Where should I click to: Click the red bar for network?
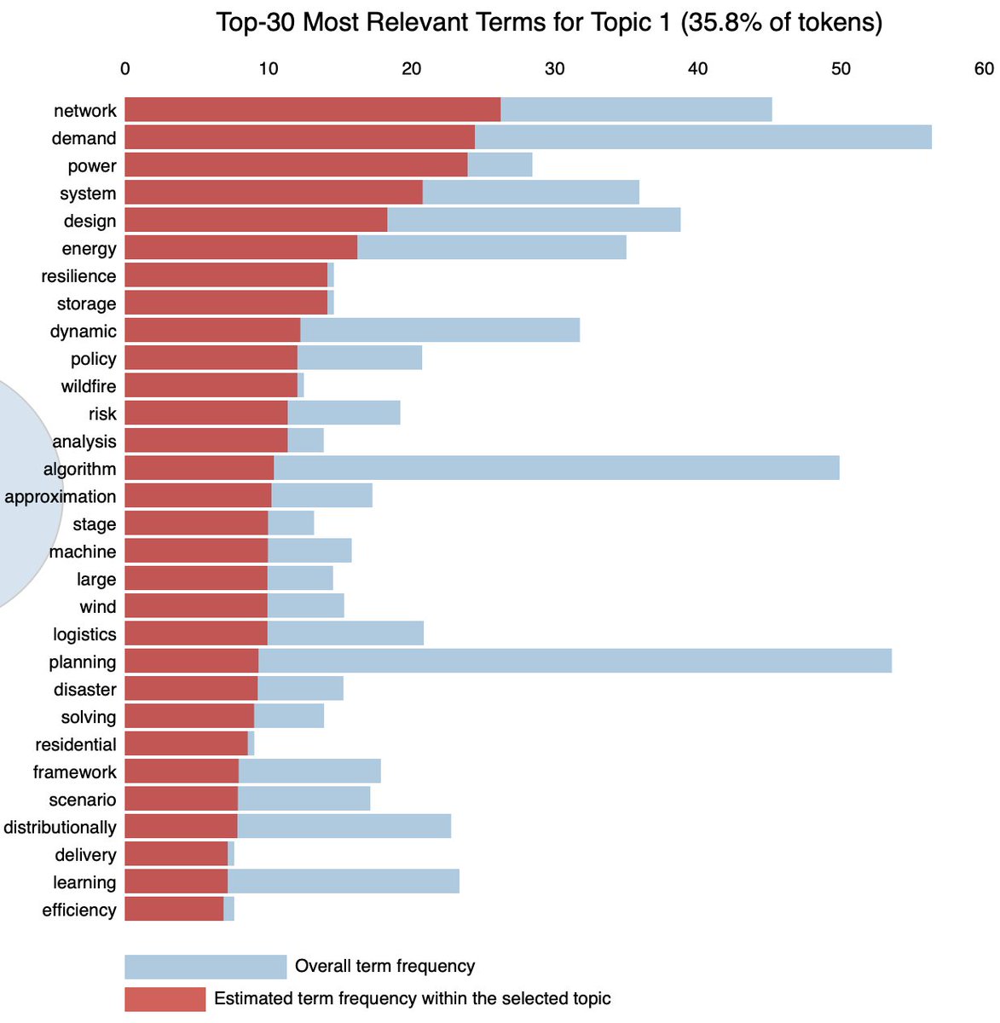tap(312, 110)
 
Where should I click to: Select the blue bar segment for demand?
tap(702, 137)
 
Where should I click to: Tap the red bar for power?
tap(296, 165)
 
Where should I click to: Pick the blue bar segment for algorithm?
tap(556, 468)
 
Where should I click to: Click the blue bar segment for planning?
tap(575, 661)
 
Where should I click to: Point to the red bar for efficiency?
tap(174, 909)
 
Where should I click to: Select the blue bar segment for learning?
tap(343, 881)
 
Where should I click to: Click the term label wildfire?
tap(89, 386)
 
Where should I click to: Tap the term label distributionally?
tap(60, 827)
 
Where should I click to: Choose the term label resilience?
tap(78, 276)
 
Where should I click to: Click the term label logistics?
tap(84, 634)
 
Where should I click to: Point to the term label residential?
tap(76, 744)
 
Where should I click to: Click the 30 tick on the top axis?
tap(554, 69)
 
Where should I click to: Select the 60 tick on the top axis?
tap(984, 69)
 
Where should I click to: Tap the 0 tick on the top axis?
tap(125, 69)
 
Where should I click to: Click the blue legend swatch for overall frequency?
tap(205, 967)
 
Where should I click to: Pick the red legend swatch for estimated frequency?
tap(165, 999)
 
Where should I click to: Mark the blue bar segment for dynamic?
tap(440, 330)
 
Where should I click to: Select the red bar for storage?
tap(226, 303)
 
